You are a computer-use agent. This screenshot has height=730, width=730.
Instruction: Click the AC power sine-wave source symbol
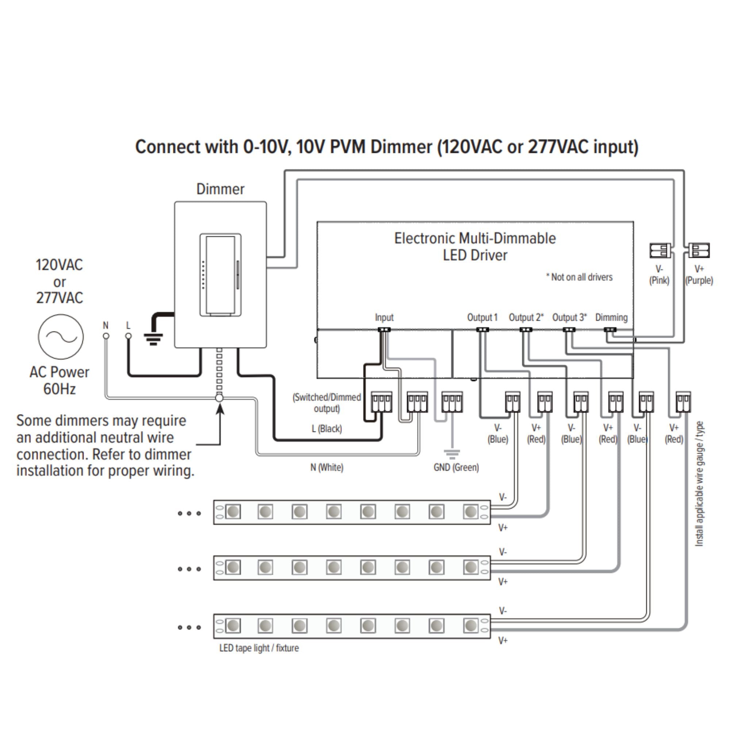tap(61, 336)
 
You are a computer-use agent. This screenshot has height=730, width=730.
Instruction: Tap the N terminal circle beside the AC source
tap(106, 336)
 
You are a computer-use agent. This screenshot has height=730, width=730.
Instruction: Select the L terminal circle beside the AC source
tap(128, 336)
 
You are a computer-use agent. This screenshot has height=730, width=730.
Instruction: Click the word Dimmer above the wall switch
tap(220, 189)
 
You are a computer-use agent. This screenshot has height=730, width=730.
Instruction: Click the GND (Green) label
tap(456, 468)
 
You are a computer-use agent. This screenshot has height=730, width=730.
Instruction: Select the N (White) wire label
tap(327, 468)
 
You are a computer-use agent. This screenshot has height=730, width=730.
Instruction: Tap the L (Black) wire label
tap(327, 429)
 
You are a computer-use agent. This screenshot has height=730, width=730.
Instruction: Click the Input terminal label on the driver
tap(384, 318)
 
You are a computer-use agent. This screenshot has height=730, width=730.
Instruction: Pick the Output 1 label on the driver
tap(482, 318)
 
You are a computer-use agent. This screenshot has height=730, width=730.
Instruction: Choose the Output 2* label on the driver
tap(526, 318)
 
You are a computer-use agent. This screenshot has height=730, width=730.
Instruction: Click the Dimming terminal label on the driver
tap(611, 318)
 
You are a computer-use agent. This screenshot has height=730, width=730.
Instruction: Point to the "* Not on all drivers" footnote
tap(579, 277)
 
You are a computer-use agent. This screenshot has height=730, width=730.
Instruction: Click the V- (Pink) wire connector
tap(660, 250)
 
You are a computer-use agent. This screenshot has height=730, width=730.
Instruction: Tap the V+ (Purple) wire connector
tap(699, 250)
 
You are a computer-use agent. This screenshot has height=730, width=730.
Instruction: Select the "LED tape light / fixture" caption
tap(259, 648)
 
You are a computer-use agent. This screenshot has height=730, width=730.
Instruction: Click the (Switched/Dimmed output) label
tap(327, 403)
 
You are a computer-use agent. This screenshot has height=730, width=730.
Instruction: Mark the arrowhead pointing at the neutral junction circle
tap(220, 408)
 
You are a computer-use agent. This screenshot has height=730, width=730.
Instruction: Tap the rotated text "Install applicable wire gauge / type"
tap(699, 484)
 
